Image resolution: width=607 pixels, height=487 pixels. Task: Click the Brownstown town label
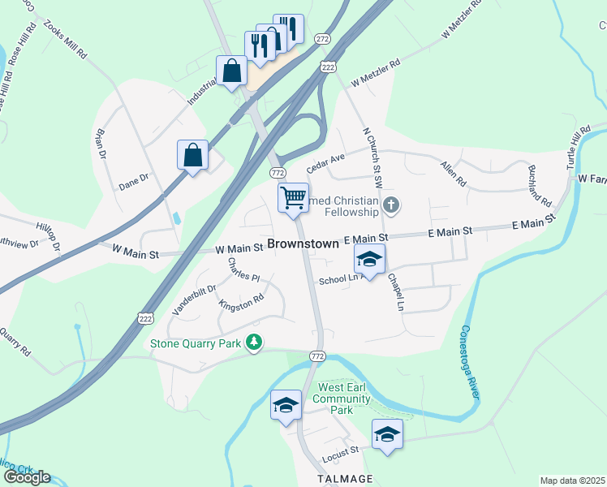(303, 243)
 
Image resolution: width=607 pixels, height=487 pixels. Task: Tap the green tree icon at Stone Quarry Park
(255, 343)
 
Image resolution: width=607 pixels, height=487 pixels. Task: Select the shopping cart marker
(293, 196)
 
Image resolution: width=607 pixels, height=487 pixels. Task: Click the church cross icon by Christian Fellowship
(391, 205)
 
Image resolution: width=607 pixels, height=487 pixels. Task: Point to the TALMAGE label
(346, 479)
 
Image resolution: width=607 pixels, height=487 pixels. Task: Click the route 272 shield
(323, 39)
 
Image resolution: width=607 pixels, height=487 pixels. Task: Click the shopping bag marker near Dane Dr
(192, 154)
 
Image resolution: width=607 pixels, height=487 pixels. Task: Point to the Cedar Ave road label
(326, 162)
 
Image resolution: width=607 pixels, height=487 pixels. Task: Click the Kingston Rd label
(242, 302)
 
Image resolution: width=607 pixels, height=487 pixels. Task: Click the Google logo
(27, 477)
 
